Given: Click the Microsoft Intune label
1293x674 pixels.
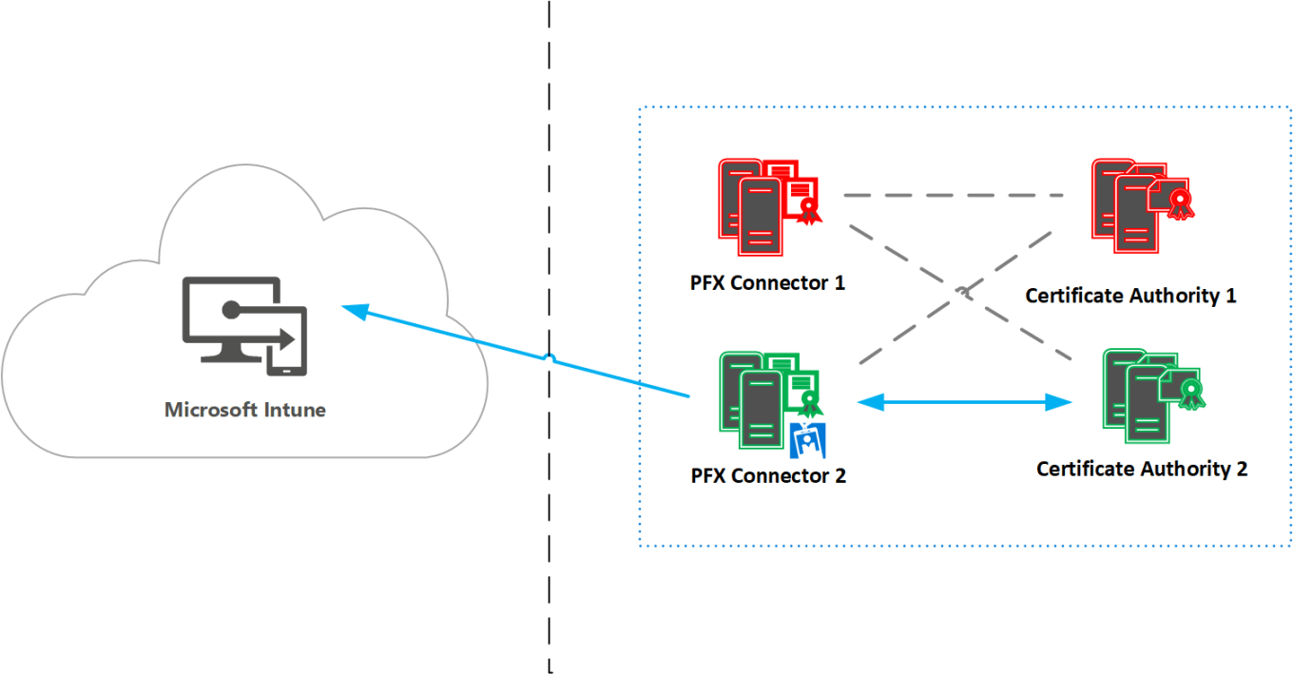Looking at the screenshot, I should pyautogui.click(x=244, y=411).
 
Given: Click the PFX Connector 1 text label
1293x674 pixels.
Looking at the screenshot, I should pyautogui.click(x=767, y=282).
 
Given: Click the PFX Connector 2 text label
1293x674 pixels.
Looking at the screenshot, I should pyautogui.click(x=768, y=475).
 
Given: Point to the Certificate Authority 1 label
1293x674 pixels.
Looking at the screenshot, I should pyautogui.click(x=1130, y=296).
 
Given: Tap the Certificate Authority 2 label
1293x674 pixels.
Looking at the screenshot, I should pyautogui.click(x=1141, y=469).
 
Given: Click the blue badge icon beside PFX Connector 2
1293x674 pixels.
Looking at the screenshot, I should pyautogui.click(x=808, y=439).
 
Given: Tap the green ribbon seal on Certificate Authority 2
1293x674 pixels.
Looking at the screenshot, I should pyautogui.click(x=1188, y=392).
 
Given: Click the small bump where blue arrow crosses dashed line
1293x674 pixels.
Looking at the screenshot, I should pyautogui.click(x=550, y=358).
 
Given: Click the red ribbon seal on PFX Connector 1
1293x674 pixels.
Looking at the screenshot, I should pyautogui.click(x=809, y=209).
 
